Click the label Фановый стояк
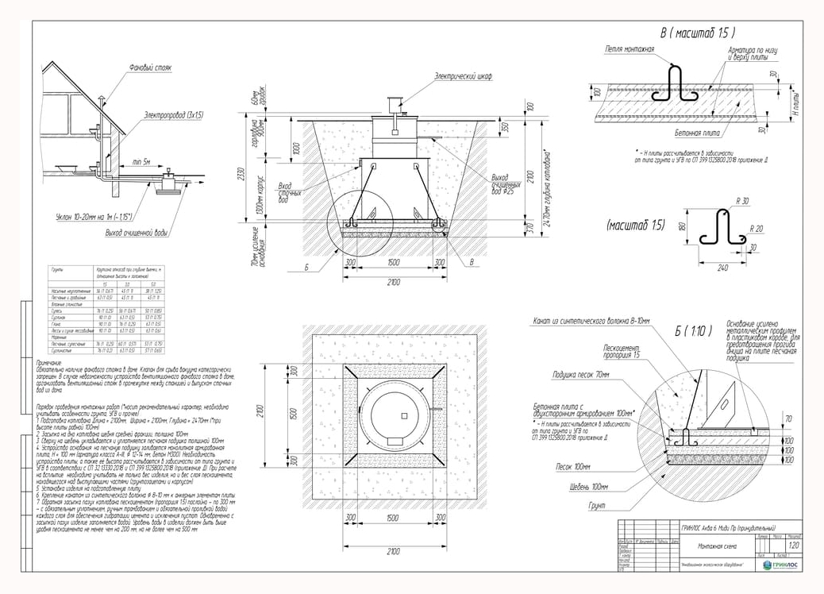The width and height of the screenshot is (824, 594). pyautogui.click(x=151, y=67)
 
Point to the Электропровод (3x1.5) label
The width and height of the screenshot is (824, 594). pyautogui.click(x=174, y=115)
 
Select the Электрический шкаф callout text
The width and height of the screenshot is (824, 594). pyautogui.click(x=463, y=76)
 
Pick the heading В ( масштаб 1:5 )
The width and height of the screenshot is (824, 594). pyautogui.click(x=698, y=33)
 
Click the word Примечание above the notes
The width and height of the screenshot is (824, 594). pyautogui.click(x=55, y=361)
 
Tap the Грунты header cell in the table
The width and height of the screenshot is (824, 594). pyautogui.click(x=56, y=270)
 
